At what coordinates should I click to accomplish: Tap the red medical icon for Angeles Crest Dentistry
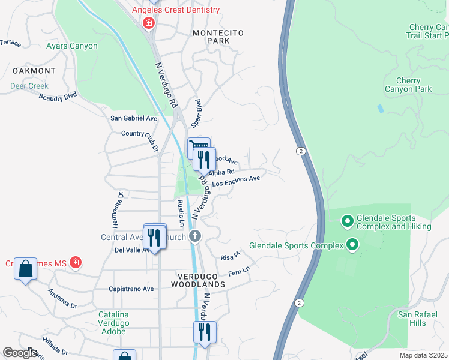pos(148,23)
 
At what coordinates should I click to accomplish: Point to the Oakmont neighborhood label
pos(29,71)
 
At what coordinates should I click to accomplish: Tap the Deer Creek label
pos(29,86)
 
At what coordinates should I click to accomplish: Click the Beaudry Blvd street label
pos(62,96)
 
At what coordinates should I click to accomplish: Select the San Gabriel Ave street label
pos(134,118)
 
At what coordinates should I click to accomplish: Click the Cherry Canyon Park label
pos(414,85)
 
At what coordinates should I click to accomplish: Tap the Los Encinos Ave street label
pos(236,181)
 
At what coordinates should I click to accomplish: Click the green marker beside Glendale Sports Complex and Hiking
pos(347,222)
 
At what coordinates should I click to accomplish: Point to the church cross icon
pos(194,236)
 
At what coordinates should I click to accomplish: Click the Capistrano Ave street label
pos(131,289)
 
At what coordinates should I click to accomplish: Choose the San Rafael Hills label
pos(412,319)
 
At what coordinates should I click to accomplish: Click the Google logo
pos(21,352)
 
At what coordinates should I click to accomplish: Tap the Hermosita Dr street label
pos(120,202)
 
